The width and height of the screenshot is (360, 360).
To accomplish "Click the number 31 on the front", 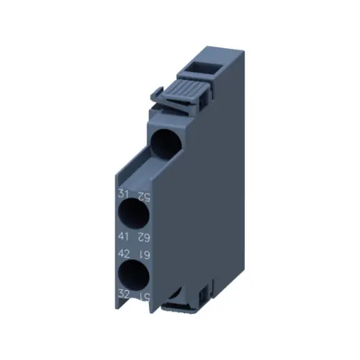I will click(x=122, y=194).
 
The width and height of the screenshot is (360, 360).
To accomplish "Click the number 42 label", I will click(x=122, y=253).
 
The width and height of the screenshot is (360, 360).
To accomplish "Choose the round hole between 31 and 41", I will click(x=132, y=215).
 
